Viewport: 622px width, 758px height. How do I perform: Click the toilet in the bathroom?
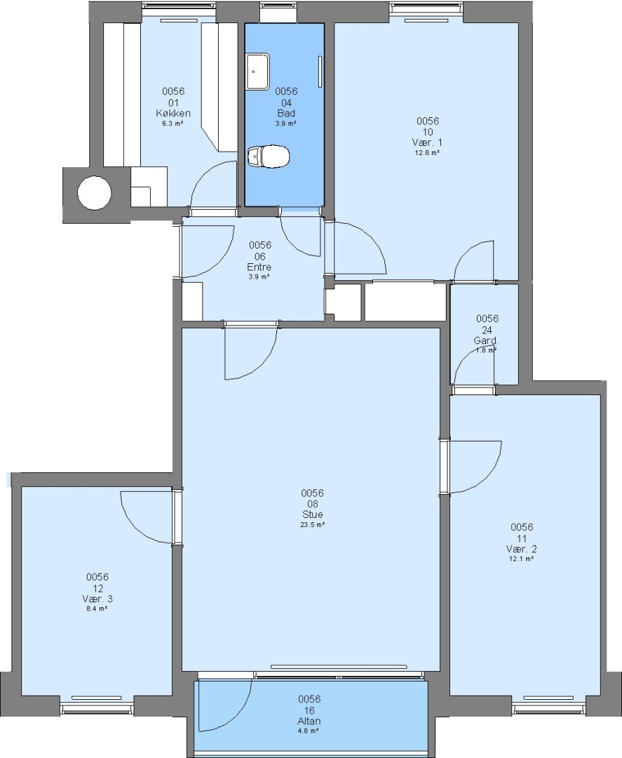point(268,156)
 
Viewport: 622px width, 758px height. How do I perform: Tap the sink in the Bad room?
point(258,72)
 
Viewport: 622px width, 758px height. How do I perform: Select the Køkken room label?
point(173,113)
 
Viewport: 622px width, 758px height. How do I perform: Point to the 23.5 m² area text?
point(312,524)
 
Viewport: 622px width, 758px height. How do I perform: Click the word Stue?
point(313,514)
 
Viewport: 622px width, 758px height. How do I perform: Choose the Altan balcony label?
point(309,721)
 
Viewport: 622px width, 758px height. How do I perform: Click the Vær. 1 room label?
point(427,142)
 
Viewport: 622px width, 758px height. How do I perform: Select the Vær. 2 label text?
point(522,549)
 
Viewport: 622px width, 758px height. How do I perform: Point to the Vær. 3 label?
point(97,599)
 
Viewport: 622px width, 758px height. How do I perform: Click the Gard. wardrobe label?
point(486,340)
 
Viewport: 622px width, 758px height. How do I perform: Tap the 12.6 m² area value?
point(427,152)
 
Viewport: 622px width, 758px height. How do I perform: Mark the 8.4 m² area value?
point(97,609)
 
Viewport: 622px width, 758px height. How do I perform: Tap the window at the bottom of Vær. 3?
point(97,707)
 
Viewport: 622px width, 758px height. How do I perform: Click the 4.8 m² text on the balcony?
point(309,731)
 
